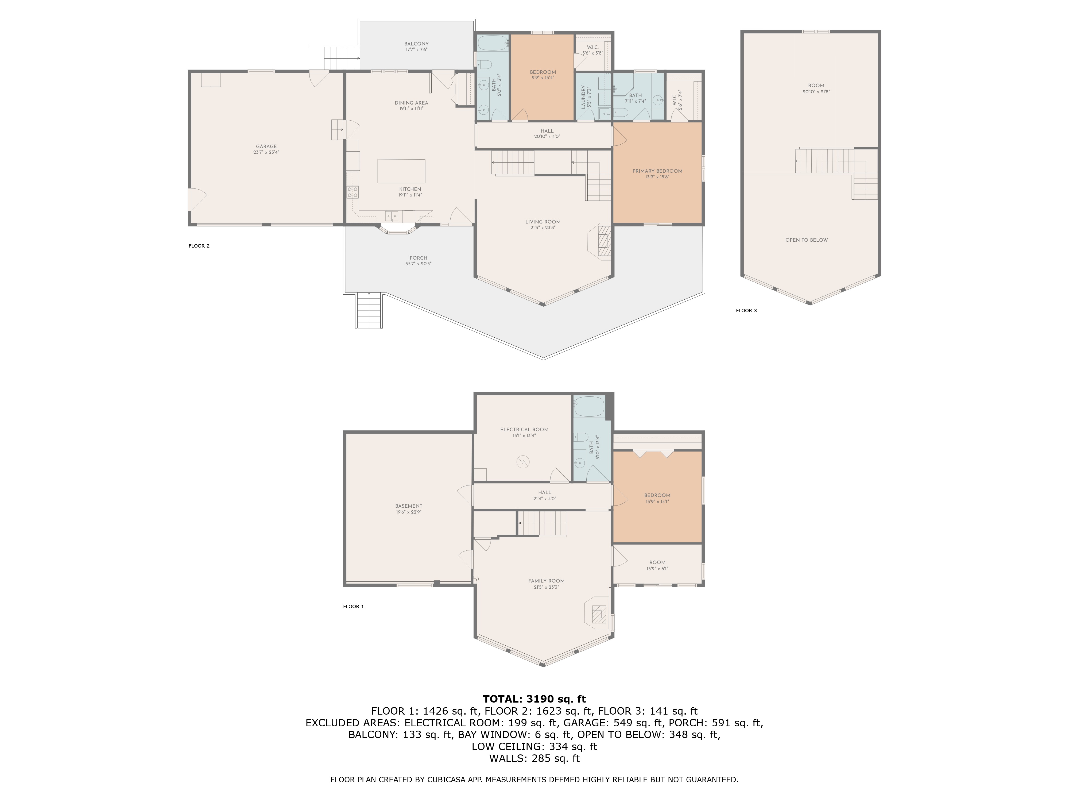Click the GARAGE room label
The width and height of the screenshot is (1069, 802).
266,146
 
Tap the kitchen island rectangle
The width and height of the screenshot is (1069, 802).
401,171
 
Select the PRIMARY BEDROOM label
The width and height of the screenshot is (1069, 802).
657,171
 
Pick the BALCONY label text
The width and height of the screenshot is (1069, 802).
417,44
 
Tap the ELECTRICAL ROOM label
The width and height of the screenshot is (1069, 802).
524,429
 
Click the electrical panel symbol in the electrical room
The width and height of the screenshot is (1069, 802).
523,463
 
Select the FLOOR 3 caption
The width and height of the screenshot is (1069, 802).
746,310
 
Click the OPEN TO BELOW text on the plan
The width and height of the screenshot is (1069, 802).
807,240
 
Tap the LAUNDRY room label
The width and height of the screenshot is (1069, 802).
583,97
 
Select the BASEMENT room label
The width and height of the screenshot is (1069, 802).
409,506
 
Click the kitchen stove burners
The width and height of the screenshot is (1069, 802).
352,192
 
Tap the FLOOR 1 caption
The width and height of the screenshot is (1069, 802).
353,606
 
